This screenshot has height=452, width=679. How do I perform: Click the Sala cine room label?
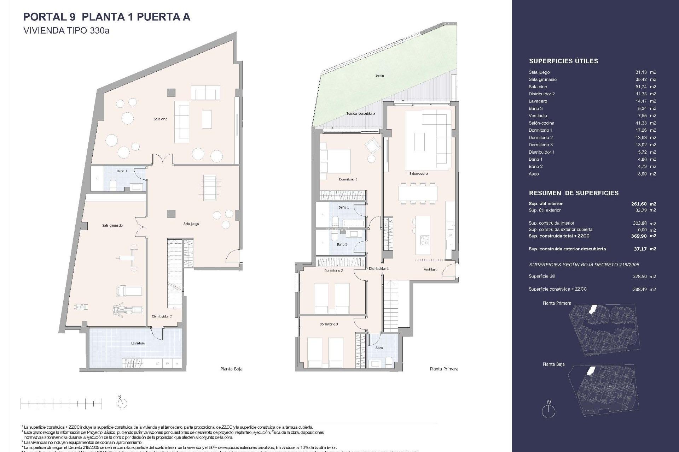point(160,119)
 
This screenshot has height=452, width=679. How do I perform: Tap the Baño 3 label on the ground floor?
point(122,171)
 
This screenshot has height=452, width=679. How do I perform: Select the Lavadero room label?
point(138,343)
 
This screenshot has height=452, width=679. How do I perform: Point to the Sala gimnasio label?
point(112,225)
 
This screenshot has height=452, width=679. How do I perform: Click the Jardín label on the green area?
point(379,76)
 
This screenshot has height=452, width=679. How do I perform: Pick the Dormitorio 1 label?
point(348,179)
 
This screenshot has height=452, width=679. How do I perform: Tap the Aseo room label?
point(379,348)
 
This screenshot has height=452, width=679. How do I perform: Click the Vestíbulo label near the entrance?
point(430,269)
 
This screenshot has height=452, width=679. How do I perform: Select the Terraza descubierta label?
point(361,114)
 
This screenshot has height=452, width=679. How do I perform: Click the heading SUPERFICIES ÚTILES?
point(563,61)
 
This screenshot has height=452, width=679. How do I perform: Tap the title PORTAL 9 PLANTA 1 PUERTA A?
point(106,17)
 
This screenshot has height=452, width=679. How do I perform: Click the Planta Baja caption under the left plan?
point(231,369)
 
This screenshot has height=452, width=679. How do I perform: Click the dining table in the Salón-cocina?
point(418,194)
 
